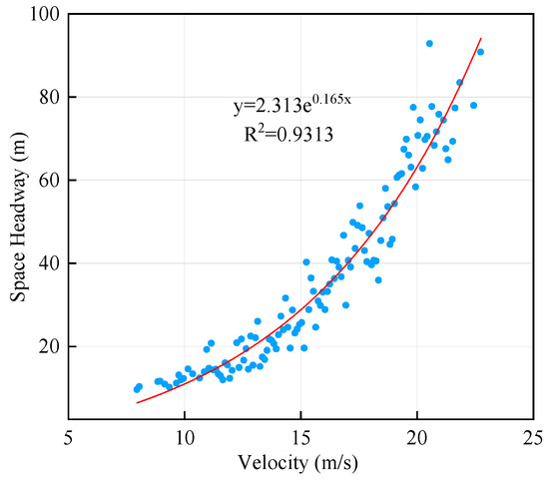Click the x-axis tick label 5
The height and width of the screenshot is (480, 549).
(68, 439)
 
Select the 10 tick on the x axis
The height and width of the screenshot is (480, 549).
(184, 439)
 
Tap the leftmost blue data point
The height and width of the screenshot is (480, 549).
(137, 389)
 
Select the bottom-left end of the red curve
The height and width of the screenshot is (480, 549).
(137, 402)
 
